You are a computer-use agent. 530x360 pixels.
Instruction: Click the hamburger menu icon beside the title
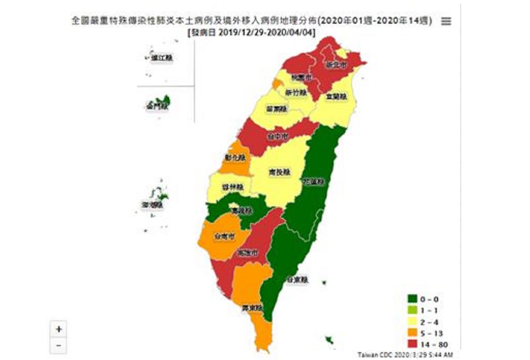pyautogui.click(x=446, y=21)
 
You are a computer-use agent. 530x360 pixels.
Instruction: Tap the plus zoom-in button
pyautogui.click(x=59, y=329)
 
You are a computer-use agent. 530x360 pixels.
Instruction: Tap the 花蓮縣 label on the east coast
pyautogui.click(x=314, y=182)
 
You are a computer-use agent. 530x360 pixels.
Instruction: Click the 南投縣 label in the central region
pyautogui.click(x=279, y=172)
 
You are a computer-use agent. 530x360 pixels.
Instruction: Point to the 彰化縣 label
pyautogui.click(x=231, y=158)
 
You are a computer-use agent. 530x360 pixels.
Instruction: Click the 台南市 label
pyautogui.click(x=223, y=237)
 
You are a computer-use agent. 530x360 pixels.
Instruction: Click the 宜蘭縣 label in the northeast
pyautogui.click(x=336, y=97)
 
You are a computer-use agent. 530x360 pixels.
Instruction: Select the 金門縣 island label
pyautogui.click(x=157, y=106)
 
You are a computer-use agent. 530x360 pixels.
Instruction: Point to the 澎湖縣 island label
pyautogui.click(x=153, y=205)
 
